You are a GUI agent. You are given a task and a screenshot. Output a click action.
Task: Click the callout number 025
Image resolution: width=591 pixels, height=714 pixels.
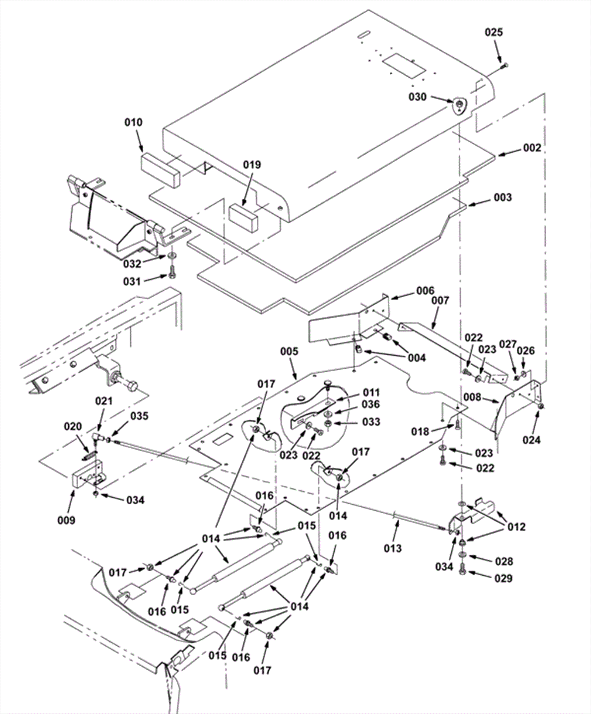tap(494, 33)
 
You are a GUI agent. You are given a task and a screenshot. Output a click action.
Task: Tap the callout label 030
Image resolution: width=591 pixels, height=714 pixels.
tap(417, 97)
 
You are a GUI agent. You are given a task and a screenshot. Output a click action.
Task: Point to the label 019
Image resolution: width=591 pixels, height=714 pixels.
tap(252, 165)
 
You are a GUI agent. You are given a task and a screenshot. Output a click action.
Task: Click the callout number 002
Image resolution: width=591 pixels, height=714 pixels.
tap(532, 148)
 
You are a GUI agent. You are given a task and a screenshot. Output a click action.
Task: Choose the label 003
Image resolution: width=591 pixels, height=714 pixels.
tap(503, 197)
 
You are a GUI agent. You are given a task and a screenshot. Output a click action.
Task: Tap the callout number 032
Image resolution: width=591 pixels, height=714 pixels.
tap(132, 264)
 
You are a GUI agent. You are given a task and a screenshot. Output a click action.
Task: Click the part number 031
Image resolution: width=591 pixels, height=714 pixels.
tap(132, 282)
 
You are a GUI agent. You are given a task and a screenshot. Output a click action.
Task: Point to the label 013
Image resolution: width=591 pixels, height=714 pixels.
tap(392, 548)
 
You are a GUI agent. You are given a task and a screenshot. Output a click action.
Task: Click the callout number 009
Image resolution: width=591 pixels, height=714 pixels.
tap(66, 520)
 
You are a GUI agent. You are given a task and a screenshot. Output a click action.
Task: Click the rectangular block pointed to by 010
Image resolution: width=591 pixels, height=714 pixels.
tap(160, 169)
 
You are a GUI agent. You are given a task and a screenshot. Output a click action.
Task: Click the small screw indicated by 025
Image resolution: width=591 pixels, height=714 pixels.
tap(504, 66)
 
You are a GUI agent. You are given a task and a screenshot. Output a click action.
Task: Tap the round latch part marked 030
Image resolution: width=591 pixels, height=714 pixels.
tap(459, 105)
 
